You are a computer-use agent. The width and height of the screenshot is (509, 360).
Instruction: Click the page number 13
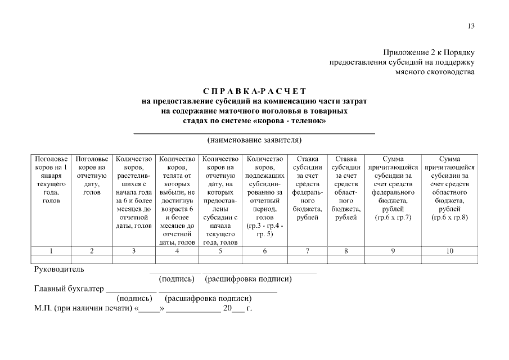click(x=471, y=26)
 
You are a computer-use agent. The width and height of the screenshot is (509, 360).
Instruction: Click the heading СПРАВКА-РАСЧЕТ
click(x=254, y=91)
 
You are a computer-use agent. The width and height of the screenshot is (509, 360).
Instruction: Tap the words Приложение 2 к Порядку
click(x=430, y=52)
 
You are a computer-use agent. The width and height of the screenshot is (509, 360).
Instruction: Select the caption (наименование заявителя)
click(x=254, y=139)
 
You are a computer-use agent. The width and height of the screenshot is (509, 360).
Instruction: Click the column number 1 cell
click(x=51, y=251)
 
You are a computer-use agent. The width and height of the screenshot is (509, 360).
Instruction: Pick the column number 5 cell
click(x=220, y=251)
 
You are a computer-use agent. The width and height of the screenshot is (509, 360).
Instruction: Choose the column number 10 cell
click(x=449, y=251)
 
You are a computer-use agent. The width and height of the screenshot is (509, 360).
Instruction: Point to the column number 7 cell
click(x=308, y=251)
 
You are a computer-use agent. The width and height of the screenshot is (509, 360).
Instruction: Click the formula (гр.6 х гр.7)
click(x=393, y=218)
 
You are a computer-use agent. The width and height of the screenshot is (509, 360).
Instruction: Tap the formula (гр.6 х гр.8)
click(x=449, y=218)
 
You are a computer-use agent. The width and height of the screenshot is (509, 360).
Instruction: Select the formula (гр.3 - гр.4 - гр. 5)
click(x=264, y=229)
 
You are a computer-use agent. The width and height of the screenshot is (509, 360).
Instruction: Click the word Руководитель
click(x=59, y=269)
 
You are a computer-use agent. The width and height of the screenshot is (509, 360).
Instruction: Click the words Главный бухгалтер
click(x=69, y=289)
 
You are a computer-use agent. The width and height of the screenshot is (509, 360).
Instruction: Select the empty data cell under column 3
click(x=134, y=259)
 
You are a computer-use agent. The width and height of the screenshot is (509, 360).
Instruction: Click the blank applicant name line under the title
click(x=254, y=132)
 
